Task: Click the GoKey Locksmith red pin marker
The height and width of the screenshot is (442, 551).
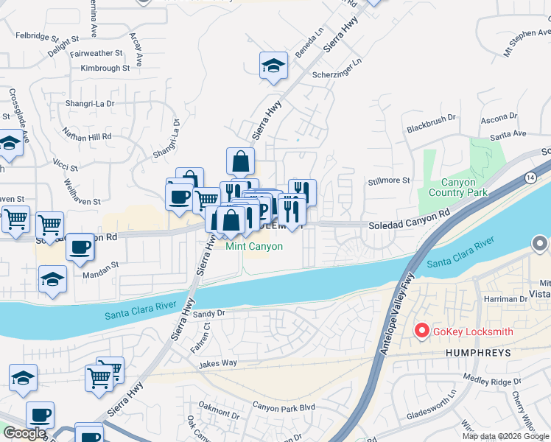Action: pyautogui.click(x=422, y=331)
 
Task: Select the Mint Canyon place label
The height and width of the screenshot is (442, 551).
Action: pyautogui.click(x=254, y=246)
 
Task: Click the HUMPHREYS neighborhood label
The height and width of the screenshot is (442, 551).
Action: pyautogui.click(x=477, y=354)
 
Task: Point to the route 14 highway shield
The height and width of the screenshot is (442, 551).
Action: pyautogui.click(x=530, y=177)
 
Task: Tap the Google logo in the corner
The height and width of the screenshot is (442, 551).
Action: pyautogui.click(x=24, y=433)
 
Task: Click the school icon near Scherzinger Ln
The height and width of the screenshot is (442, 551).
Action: pyautogui.click(x=273, y=66)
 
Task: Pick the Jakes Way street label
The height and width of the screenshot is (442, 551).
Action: pyautogui.click(x=217, y=363)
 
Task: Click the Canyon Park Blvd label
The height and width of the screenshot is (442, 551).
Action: pyautogui.click(x=284, y=407)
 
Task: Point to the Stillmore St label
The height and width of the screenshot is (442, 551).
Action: pyautogui.click(x=389, y=180)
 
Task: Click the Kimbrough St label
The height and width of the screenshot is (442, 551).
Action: pyautogui.click(x=105, y=68)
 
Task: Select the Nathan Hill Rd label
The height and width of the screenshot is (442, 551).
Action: pyautogui.click(x=87, y=136)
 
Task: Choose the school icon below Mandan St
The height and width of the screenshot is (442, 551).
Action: pyautogui.click(x=52, y=280)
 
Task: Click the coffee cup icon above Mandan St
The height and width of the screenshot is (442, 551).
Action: pyautogui.click(x=80, y=247)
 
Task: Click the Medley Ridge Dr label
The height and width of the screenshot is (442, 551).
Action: pyautogui.click(x=491, y=381)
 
